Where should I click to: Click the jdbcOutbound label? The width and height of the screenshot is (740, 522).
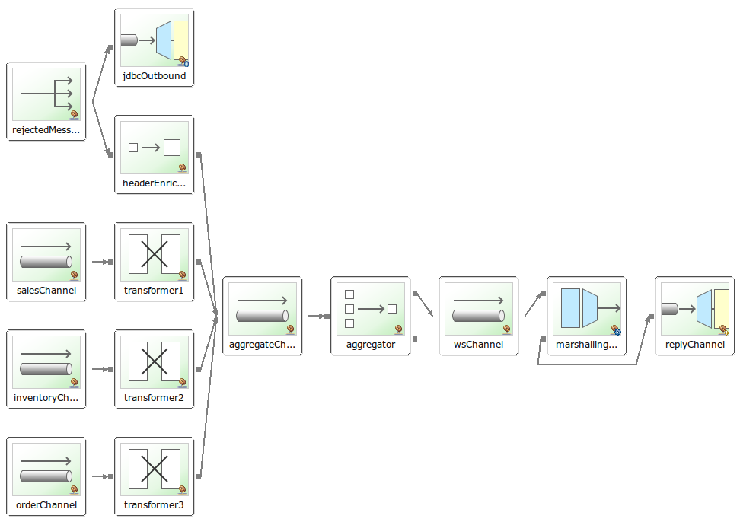[x=154, y=76]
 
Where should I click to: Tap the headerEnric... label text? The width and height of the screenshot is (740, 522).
[x=154, y=183]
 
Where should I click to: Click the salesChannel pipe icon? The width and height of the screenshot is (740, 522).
[x=46, y=255]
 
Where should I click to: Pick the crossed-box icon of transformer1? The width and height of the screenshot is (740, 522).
[x=155, y=254]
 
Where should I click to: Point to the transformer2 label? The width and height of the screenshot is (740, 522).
[x=154, y=398]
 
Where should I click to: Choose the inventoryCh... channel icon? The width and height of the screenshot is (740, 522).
[x=46, y=362]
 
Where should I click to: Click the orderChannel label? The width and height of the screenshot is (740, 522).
[x=46, y=505]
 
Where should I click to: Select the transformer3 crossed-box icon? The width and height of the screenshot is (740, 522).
[x=155, y=469]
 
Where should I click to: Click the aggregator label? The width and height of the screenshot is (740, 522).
[x=371, y=345]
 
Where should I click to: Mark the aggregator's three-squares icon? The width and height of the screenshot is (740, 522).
[x=371, y=308]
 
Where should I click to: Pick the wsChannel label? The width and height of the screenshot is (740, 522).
[x=478, y=345]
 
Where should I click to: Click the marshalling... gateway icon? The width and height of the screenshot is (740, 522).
[x=587, y=308]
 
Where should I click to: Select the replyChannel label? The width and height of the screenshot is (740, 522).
[x=695, y=345]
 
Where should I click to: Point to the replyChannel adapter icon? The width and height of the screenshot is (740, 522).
[x=695, y=308]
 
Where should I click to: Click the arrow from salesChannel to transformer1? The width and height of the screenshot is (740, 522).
[x=100, y=262]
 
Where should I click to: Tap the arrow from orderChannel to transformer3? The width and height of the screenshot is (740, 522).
[x=100, y=477]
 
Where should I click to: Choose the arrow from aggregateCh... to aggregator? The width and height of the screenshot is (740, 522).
[x=317, y=315]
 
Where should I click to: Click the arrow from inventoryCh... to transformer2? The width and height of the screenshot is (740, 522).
[x=100, y=369]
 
